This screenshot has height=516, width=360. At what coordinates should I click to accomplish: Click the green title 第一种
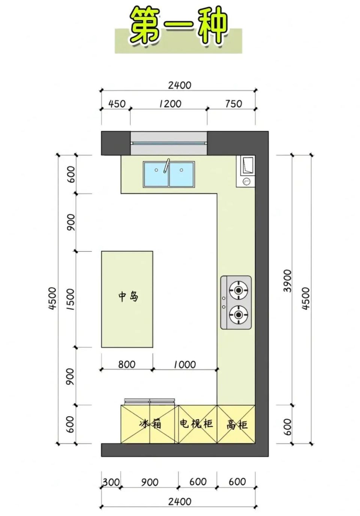[x=179, y=27]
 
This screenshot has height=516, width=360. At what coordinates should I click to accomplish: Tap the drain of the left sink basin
[x=156, y=170]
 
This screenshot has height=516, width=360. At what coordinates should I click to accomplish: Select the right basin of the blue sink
[x=182, y=174]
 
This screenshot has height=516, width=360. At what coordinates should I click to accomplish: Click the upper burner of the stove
[x=238, y=290]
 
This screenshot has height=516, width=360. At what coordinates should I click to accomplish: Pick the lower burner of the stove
[x=238, y=314]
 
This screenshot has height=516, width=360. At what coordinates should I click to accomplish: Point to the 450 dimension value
[x=117, y=104]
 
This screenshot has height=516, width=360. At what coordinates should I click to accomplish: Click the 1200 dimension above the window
[x=171, y=103]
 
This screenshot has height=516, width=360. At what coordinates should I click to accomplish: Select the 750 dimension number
[x=233, y=104]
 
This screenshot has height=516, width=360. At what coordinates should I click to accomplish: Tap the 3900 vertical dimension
[x=287, y=280]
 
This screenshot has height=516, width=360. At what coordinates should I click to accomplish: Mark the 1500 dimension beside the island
[x=70, y=299]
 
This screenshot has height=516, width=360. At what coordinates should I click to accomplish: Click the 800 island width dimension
[x=127, y=364]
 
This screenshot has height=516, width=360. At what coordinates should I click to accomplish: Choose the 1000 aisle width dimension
[x=184, y=364]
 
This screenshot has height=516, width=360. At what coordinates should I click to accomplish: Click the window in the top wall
[x=169, y=143]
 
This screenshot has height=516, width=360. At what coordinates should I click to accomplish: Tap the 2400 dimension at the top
[x=180, y=85]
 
